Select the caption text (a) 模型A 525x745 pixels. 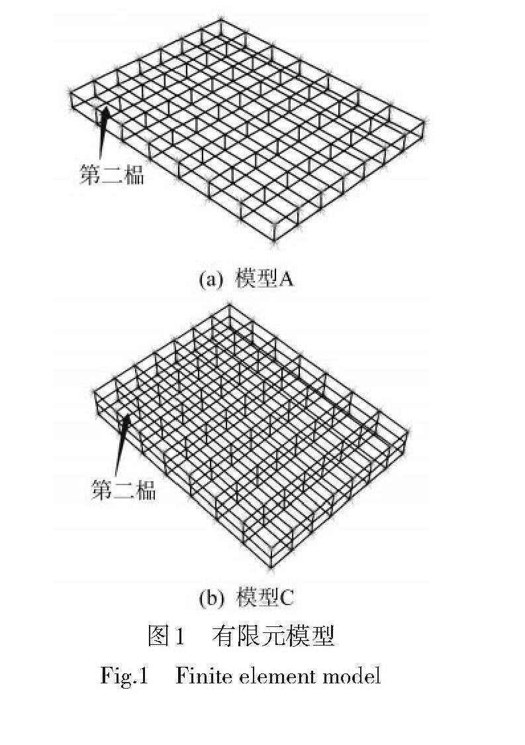[x=246, y=279]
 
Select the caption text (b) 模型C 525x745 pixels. [x=246, y=598]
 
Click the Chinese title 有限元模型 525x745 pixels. [x=273, y=636]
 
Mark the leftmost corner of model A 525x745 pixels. [x=71, y=94]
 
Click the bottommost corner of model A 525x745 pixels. [x=274, y=240]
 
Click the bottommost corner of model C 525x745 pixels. [x=269, y=568]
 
